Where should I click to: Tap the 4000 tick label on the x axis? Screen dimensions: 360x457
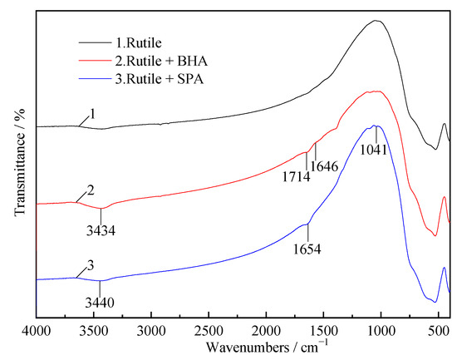pyautogui.click(x=37, y=330)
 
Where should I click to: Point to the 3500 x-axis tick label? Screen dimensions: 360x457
pyautogui.click(x=94, y=330)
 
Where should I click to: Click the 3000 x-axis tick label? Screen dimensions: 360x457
pyautogui.click(x=151, y=330)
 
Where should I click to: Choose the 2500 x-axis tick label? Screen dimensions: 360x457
pyautogui.click(x=209, y=330)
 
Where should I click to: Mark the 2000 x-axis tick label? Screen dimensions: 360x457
pyautogui.click(x=266, y=330)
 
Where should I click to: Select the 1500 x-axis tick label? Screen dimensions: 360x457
pyautogui.click(x=323, y=330)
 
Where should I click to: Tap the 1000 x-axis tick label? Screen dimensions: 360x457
pyautogui.click(x=381, y=330)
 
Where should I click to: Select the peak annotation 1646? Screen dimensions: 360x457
pyautogui.click(x=324, y=165)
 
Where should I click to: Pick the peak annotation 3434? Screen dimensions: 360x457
pyautogui.click(x=101, y=229)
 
